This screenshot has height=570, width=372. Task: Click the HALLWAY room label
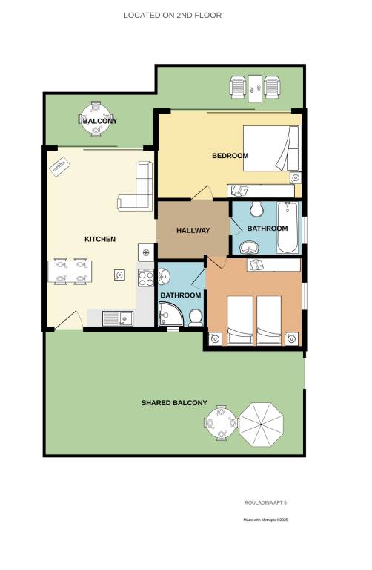click(193, 231)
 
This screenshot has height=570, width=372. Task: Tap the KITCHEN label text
click(100, 239)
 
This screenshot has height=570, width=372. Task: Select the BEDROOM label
click(230, 156)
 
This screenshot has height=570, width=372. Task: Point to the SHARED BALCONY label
click(174, 403)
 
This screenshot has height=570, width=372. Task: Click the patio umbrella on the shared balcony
click(262, 425)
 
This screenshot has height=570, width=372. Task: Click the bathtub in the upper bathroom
click(288, 228)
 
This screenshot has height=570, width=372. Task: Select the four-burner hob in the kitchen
click(146, 278)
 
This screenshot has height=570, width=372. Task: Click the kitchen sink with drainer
click(118, 318)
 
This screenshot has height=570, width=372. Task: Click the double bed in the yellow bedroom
click(271, 148)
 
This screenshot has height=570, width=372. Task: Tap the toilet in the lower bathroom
click(196, 318)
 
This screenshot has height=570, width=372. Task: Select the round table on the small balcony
click(96, 119)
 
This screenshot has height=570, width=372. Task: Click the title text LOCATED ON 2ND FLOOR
click(173, 16)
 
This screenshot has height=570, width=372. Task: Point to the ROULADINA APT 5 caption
click(266, 502)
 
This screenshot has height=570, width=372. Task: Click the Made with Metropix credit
click(266, 520)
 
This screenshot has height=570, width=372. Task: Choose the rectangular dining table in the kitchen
click(70, 271)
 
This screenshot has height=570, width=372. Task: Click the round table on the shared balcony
click(221, 423)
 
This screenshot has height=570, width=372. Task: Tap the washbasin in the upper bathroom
click(249, 248)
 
